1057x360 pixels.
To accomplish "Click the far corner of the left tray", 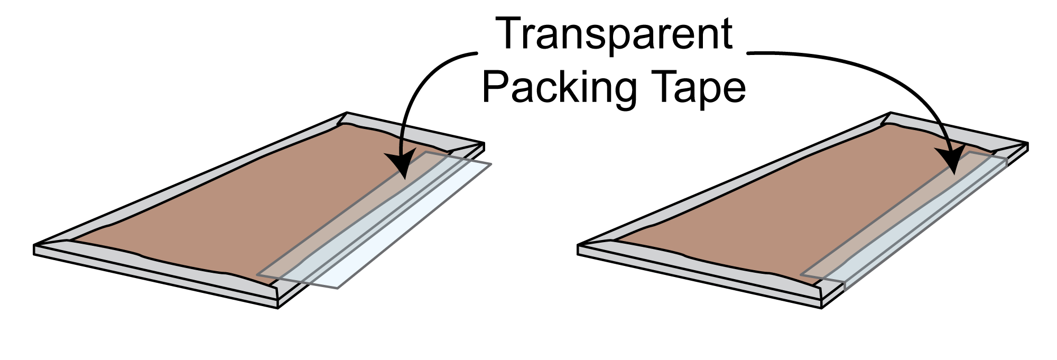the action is (x=347, y=113).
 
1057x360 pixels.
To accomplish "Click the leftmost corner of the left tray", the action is (x=35, y=245).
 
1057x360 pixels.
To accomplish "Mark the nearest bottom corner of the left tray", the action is (x=278, y=308).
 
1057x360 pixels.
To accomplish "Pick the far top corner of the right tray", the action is (x=891, y=113).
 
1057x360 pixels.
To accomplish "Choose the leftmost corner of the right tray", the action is (x=578, y=245).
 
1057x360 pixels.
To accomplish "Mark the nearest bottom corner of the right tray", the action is (x=822, y=308).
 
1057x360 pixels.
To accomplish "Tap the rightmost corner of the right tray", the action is (x=1028, y=143).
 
